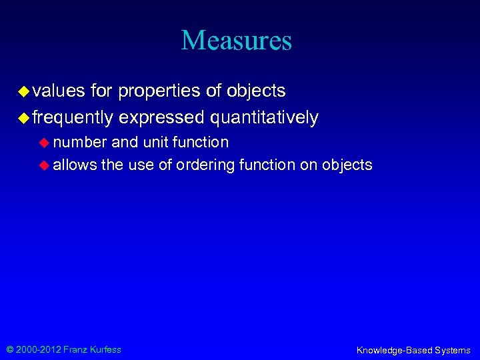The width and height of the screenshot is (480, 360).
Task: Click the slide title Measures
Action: [x=237, y=40]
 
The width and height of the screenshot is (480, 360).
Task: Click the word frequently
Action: [x=73, y=118]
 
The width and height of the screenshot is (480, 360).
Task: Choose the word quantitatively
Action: [x=264, y=118]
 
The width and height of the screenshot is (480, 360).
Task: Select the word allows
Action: [x=75, y=165]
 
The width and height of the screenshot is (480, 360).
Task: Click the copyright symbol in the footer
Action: [x=10, y=349]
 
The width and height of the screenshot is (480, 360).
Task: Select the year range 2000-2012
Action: [x=39, y=349]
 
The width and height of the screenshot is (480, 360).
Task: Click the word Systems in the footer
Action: [x=452, y=350]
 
